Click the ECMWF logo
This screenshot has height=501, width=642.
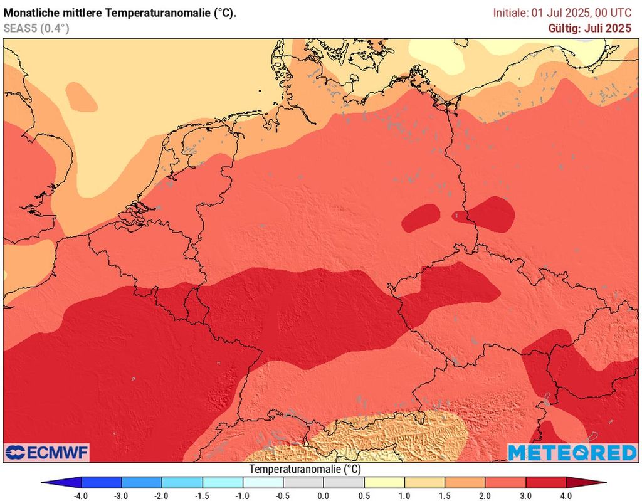[x=47, y=453]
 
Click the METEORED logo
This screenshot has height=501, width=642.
[x=571, y=453]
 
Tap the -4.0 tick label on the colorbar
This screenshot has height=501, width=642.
[x=81, y=495]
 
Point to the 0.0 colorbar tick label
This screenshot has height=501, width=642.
[x=324, y=495]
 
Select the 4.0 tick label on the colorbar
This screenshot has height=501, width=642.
[x=566, y=495]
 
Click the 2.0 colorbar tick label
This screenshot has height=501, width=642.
[x=485, y=495]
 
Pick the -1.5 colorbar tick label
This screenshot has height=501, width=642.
[x=202, y=495]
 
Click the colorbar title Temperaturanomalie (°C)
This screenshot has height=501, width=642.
[x=305, y=469]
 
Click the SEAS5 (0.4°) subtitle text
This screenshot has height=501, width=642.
[x=36, y=28]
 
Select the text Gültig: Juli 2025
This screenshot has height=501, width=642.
[x=589, y=28]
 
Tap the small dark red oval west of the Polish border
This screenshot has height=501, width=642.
[x=421, y=218]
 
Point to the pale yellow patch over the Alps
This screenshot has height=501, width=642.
[x=389, y=436]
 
